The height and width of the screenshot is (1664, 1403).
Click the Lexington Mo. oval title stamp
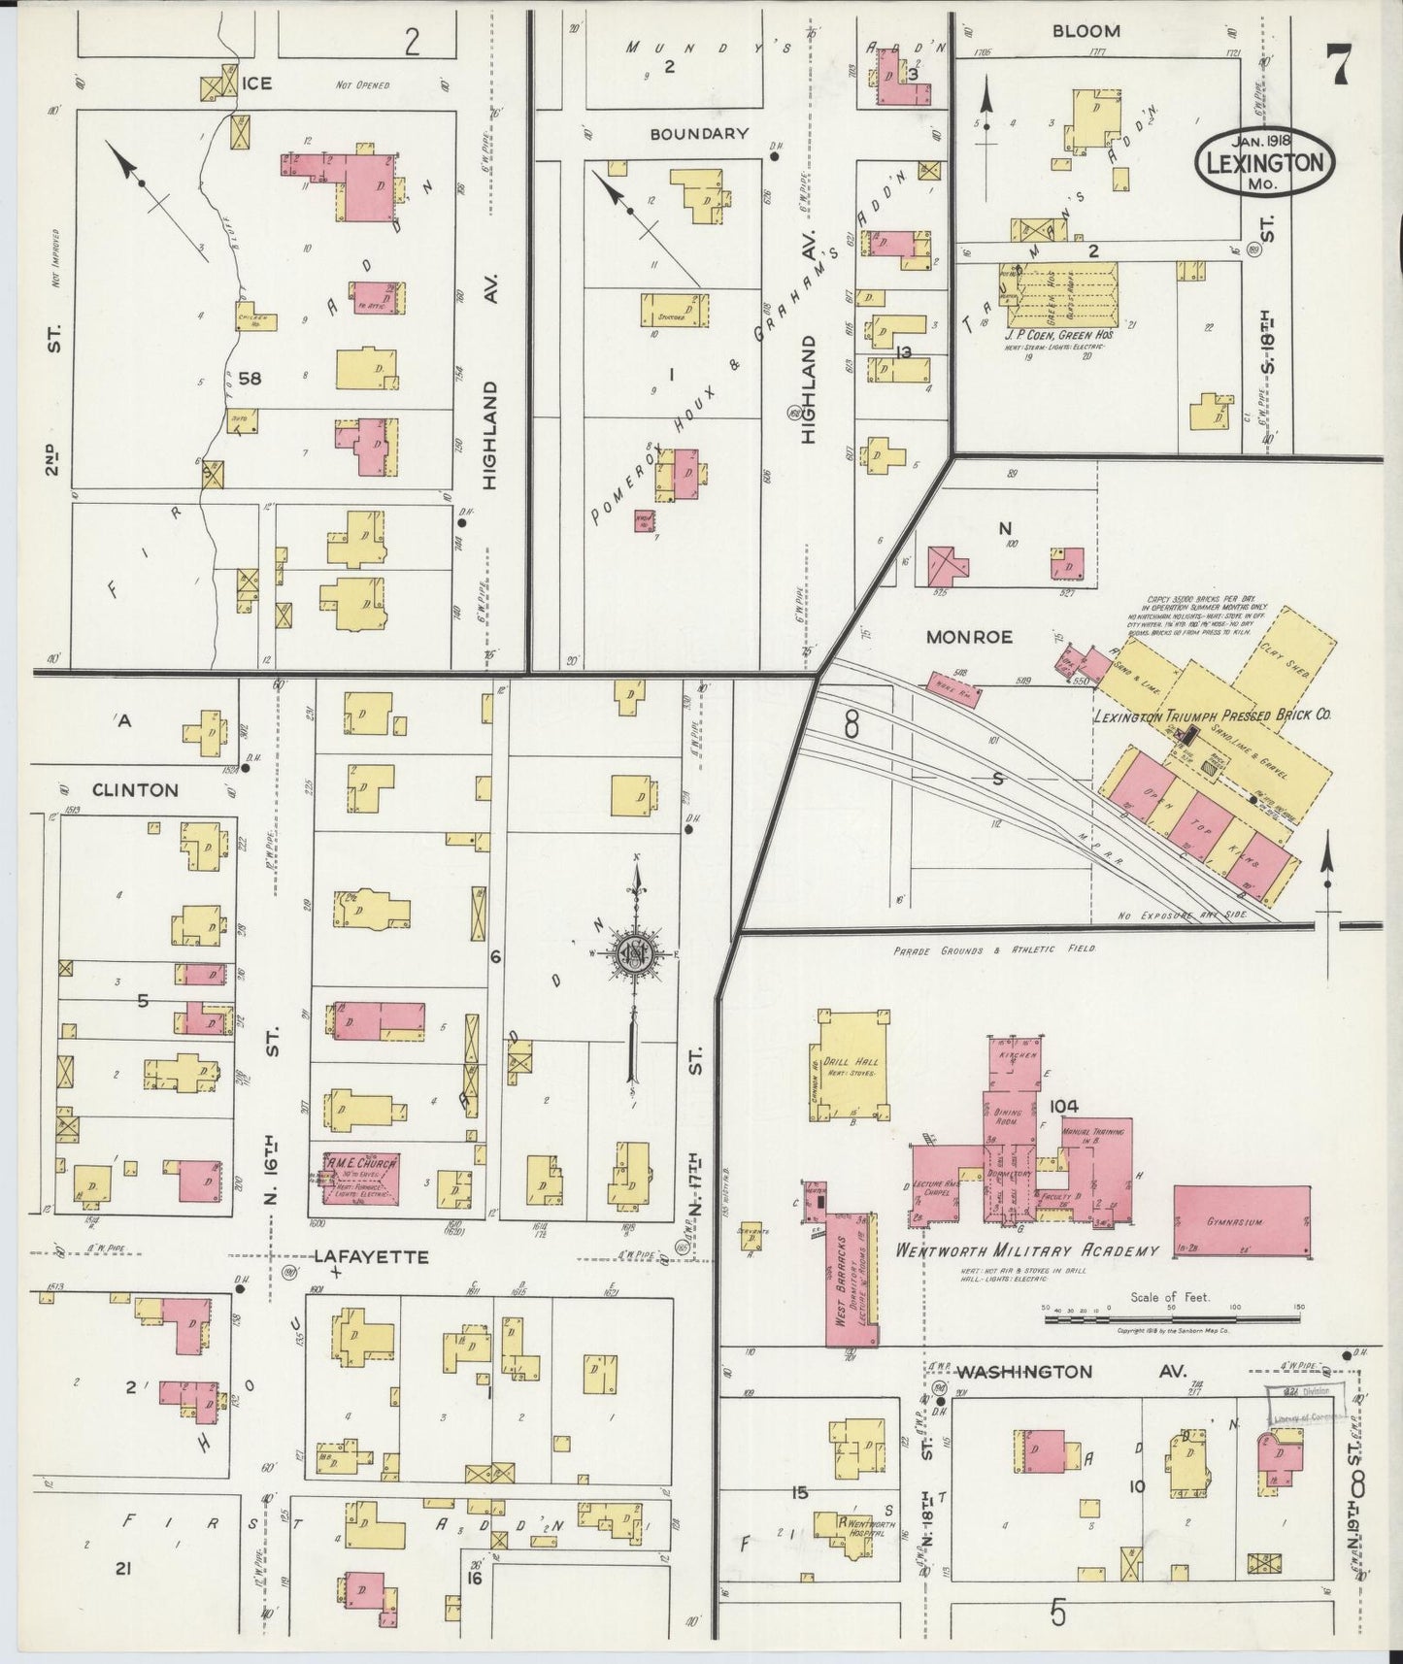(1264, 162)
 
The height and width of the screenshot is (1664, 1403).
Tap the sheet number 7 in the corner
(1341, 66)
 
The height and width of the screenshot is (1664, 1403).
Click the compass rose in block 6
(634, 955)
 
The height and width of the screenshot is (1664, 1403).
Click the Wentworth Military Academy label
(1027, 1250)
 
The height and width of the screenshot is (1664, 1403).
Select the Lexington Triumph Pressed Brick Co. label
(1211, 716)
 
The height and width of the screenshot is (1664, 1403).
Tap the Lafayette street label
(371, 1256)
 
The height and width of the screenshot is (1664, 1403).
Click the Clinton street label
(135, 790)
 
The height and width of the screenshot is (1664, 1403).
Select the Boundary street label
(699, 134)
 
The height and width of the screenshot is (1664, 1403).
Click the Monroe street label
(969, 637)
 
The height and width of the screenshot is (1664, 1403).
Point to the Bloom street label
(1086, 31)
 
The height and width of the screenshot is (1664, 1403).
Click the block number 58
(250, 379)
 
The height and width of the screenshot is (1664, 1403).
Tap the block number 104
(1065, 1105)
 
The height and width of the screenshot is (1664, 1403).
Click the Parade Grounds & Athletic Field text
(994, 949)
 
